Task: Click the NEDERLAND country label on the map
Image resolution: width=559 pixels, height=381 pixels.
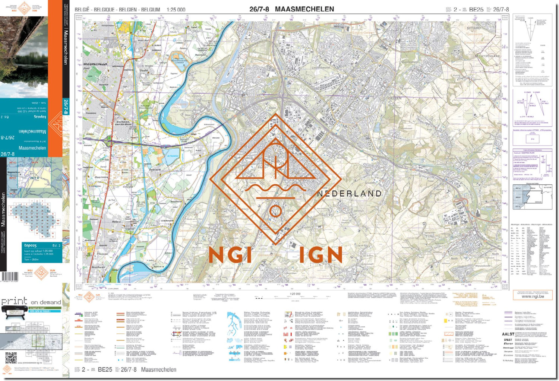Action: tap(349, 194)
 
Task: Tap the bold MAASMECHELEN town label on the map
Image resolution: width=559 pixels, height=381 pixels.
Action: tap(95, 64)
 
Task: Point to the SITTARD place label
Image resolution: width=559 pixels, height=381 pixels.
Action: tap(474, 28)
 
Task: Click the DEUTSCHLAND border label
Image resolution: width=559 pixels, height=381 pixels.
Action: tap(488, 56)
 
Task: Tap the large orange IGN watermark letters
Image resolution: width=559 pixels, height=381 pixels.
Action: tap(320, 255)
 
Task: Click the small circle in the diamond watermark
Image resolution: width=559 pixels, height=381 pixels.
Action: tap(275, 211)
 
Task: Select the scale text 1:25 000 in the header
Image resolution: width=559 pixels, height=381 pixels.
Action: tap(176, 10)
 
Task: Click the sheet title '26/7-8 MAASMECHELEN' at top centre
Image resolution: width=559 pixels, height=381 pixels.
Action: tap(291, 9)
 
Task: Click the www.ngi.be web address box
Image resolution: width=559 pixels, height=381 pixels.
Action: tap(532, 296)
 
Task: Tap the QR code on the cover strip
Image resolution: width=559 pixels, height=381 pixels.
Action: tap(11, 358)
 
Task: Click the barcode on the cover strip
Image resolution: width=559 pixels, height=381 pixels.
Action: tap(9, 277)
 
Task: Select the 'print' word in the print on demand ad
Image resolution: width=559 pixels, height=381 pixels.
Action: tap(14, 301)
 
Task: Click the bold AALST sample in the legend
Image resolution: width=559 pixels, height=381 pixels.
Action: tap(508, 334)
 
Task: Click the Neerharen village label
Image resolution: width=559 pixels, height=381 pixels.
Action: tap(98, 267)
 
